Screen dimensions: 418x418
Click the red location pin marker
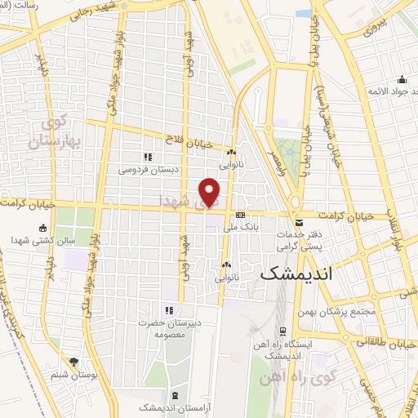[x=211, y=192]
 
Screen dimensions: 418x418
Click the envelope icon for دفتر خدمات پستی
[x=300, y=223]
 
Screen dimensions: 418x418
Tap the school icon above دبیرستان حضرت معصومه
[x=169, y=310]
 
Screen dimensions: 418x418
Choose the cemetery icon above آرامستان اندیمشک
[x=178, y=395]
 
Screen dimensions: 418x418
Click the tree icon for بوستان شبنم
[x=74, y=361]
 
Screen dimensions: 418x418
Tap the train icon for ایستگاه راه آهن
[x=282, y=331]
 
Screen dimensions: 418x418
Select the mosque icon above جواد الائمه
[x=402, y=80]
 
